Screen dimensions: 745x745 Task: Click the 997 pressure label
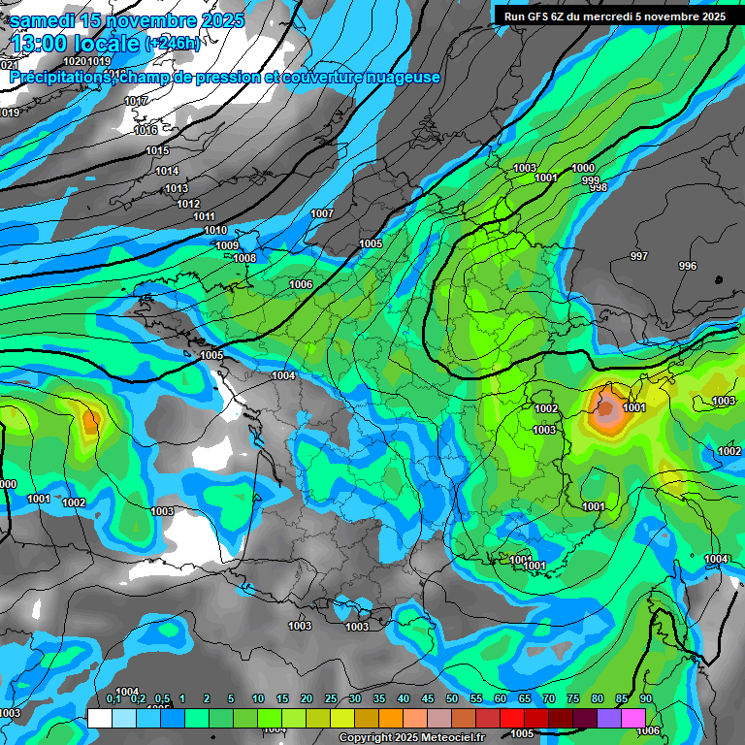click(638, 256)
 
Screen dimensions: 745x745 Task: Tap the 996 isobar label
click(687, 266)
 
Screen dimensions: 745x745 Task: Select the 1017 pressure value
click(137, 101)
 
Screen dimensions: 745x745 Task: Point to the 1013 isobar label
click(176, 188)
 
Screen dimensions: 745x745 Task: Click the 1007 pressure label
click(322, 213)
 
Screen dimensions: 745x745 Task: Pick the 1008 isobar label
click(244, 258)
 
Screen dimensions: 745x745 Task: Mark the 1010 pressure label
click(216, 230)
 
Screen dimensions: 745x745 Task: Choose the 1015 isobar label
click(157, 150)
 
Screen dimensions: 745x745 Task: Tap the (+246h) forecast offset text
click(172, 44)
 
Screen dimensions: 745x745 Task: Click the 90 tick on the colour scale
click(645, 698)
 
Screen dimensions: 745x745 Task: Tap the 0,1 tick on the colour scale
click(113, 698)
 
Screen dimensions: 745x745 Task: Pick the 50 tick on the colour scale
click(452, 698)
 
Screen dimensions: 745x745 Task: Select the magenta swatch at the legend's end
click(633, 718)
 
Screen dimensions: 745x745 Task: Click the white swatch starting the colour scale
click(100, 718)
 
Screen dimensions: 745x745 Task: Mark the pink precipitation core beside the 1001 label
click(607, 412)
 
